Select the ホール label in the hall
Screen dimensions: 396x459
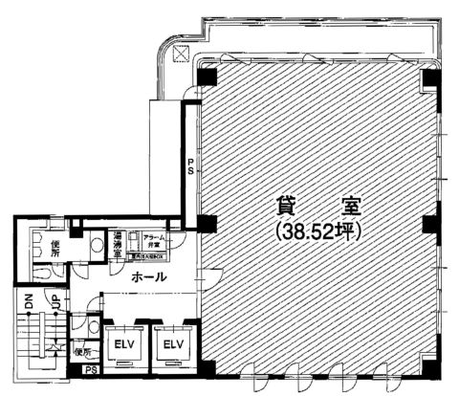point(148,276)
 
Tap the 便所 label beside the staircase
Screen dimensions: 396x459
point(81,352)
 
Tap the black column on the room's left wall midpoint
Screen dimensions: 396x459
point(207,225)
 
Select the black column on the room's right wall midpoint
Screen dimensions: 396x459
point(429,225)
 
